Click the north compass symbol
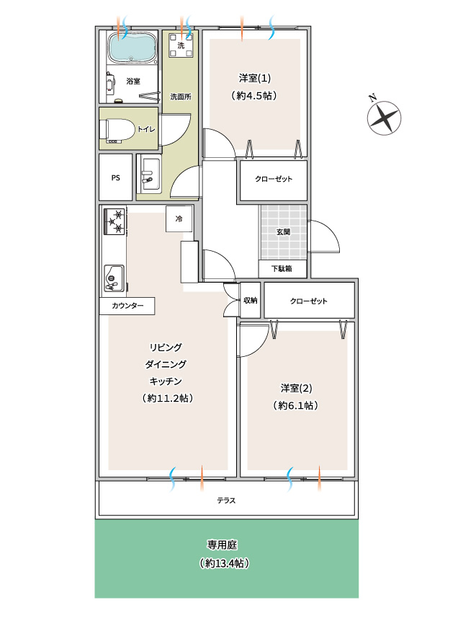coord(383,118)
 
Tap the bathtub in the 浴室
coord(133,48)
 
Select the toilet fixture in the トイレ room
coord(118,130)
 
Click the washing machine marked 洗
coord(181,45)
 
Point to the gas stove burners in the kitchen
coord(114,221)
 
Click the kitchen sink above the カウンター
coord(114,278)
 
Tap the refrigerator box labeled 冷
coord(179,218)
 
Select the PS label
coord(115,178)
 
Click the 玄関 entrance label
coord(283,231)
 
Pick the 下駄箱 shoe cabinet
coord(282,268)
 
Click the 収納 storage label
coord(251,301)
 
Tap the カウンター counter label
coord(127,306)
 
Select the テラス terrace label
coord(226,500)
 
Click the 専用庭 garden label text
coord(223,544)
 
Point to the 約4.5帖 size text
coord(254,96)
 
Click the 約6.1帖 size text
coord(296,405)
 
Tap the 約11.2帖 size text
coord(168,398)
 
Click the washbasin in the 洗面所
coord(151,176)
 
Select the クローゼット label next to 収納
coord(309,301)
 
